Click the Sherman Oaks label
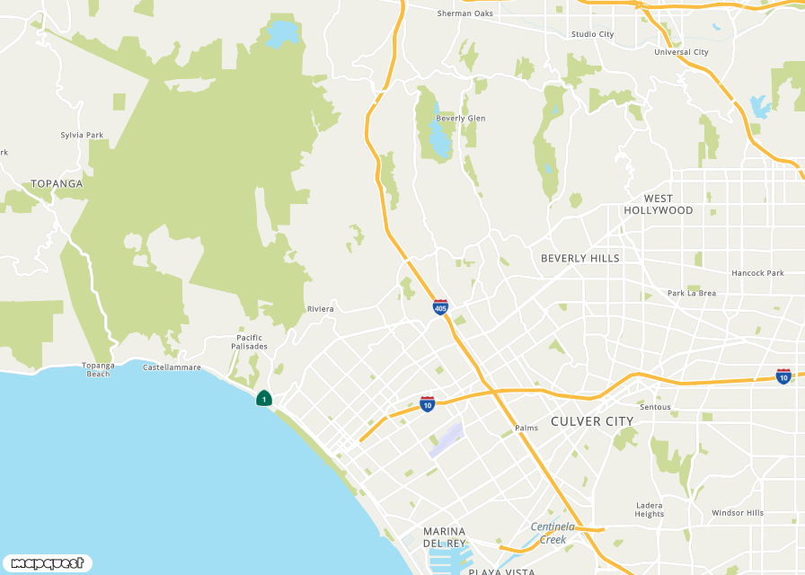tap(465, 13)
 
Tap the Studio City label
tap(592, 34)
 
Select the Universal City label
tap(681, 52)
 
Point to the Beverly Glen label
tap(460, 119)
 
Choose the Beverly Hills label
tap(579, 258)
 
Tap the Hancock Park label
tap(757, 273)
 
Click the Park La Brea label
tap(692, 293)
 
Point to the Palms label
tap(526, 428)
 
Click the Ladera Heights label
tap(650, 509)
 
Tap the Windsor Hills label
tap(738, 513)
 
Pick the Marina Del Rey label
tap(444, 536)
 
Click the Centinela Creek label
tap(553, 533)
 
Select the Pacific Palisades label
tap(249, 342)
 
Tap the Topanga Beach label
tap(98, 369)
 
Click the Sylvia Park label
tap(82, 135)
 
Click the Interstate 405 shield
tap(440, 307)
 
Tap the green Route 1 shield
tap(264, 398)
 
